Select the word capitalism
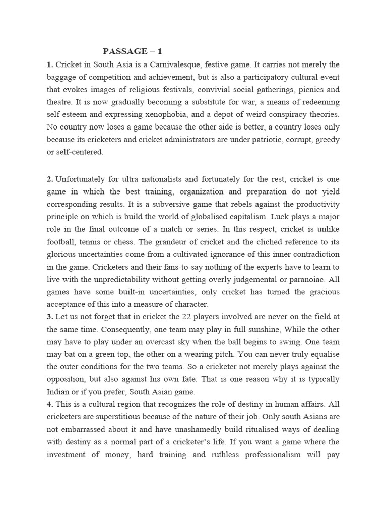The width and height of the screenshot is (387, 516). tap(244, 216)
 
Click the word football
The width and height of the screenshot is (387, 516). tap(62, 241)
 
